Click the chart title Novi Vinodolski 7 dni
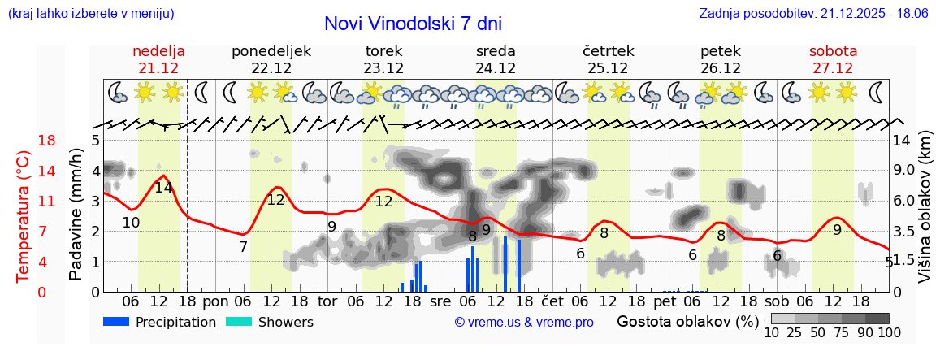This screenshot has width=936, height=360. pos(412,24)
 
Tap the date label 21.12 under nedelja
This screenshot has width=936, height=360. pos(159,68)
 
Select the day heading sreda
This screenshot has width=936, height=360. pos(496,51)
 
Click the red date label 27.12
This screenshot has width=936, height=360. pos(833,68)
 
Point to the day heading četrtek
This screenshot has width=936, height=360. pos(609,51)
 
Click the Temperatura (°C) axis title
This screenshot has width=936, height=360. pos(24,217)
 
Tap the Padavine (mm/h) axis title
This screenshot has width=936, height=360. pos(76,215)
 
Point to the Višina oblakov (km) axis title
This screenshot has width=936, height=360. pos(925,215)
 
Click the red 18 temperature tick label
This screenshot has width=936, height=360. pos(24,141)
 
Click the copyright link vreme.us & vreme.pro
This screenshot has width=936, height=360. pos(524,323)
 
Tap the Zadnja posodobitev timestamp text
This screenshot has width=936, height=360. pos(813,13)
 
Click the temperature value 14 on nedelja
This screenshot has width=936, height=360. pos(163,188)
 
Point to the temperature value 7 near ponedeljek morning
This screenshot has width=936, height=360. pos(243,246)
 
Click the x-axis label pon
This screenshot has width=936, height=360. pos(215,301)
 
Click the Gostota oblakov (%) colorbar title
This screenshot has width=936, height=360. pos(687,321)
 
